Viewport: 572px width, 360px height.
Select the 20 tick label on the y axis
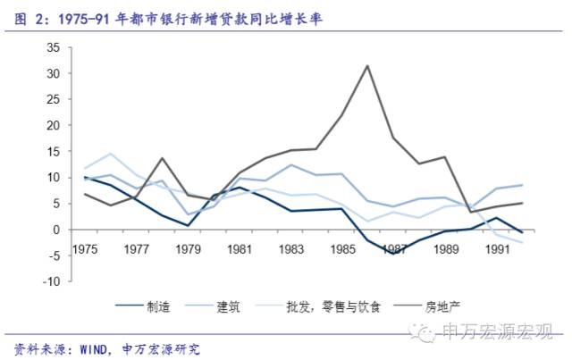tap(54, 125)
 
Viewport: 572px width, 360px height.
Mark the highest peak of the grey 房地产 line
tap(367, 65)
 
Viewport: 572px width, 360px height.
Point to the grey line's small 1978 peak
tap(163, 158)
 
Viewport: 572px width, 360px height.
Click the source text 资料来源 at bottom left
tap(36, 347)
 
